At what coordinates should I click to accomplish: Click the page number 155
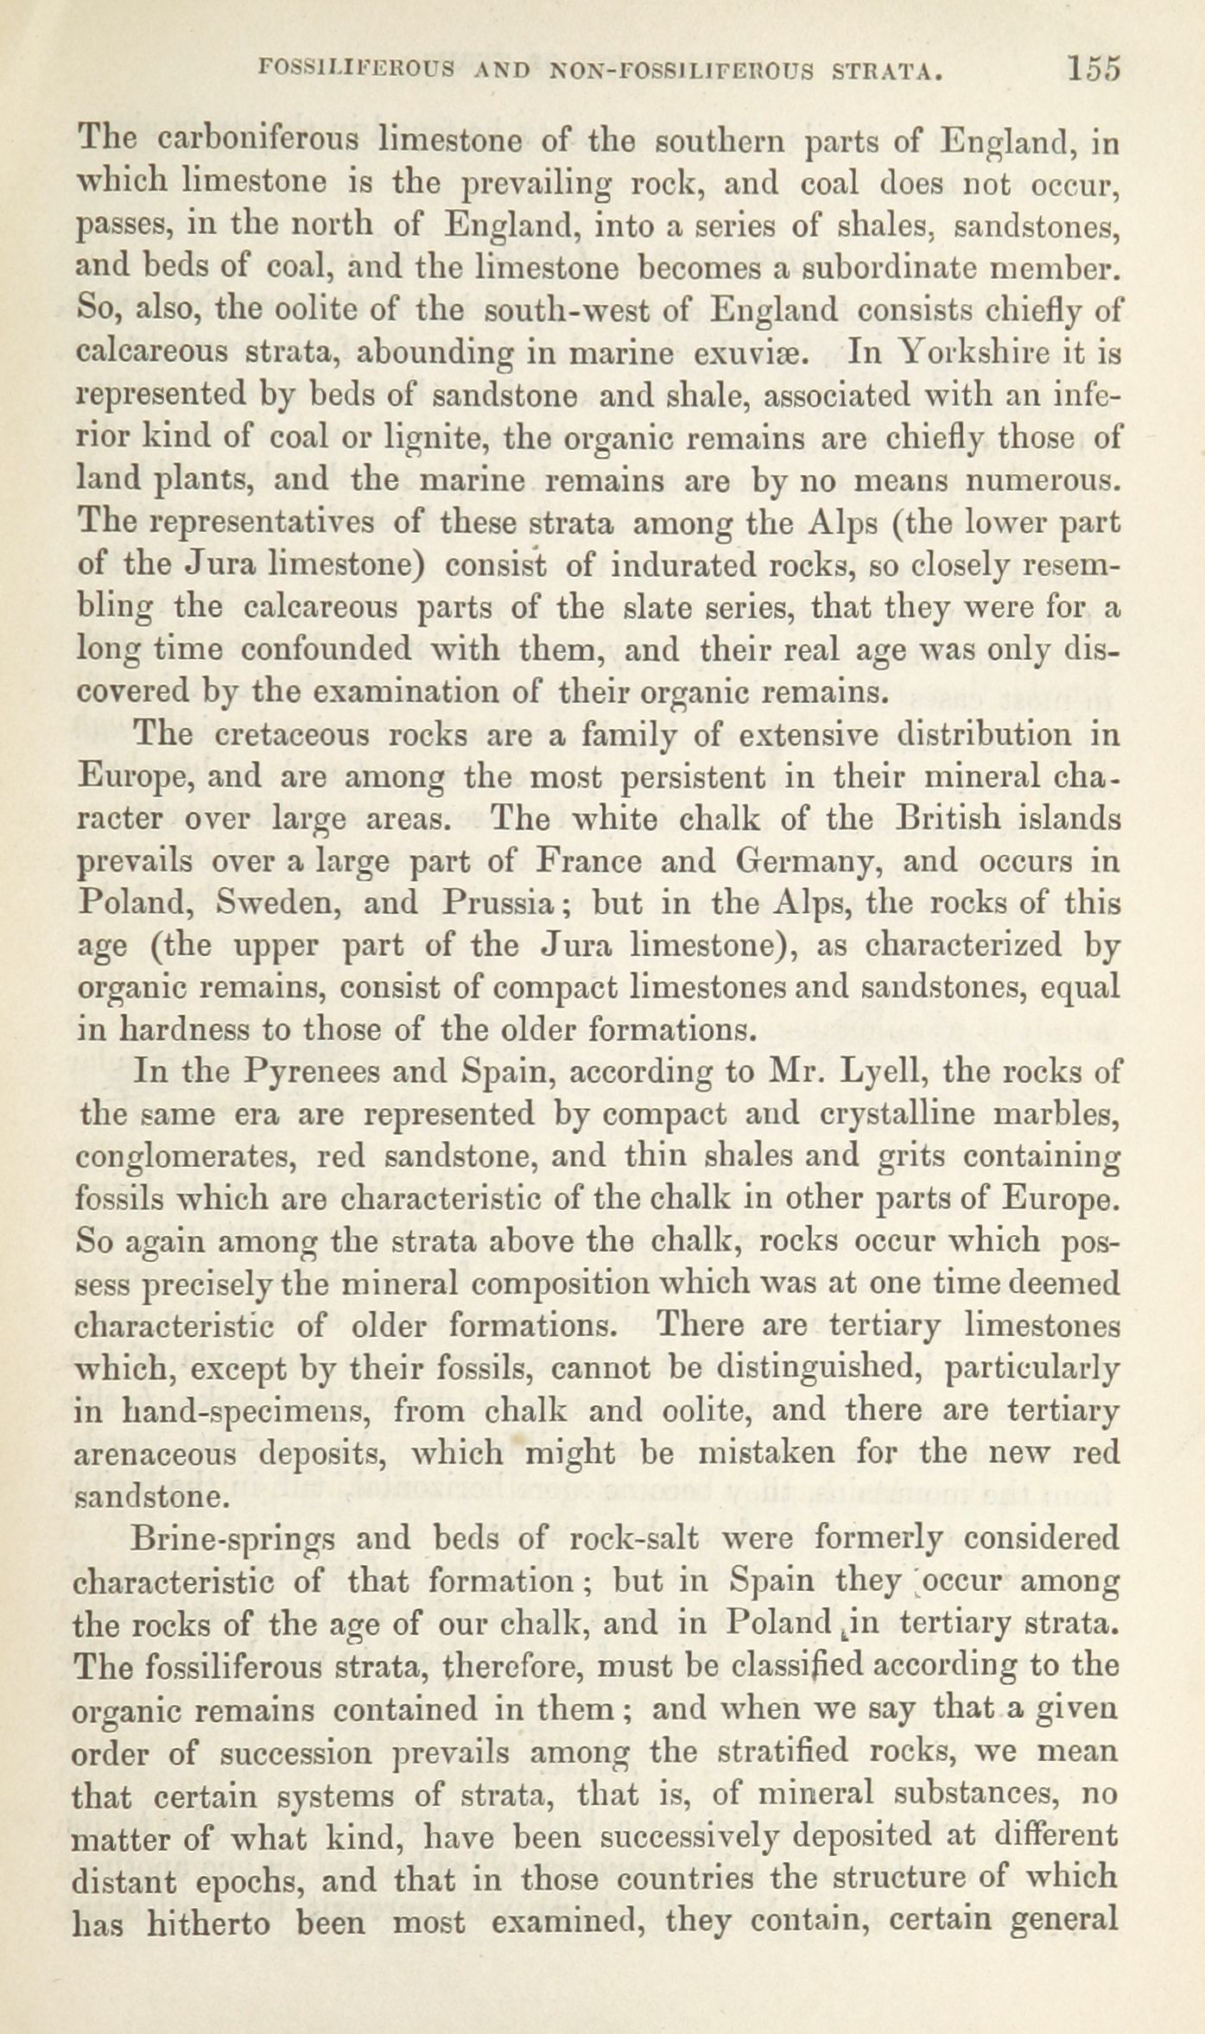click(x=1093, y=69)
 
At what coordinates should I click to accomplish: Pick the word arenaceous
click(x=156, y=1454)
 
